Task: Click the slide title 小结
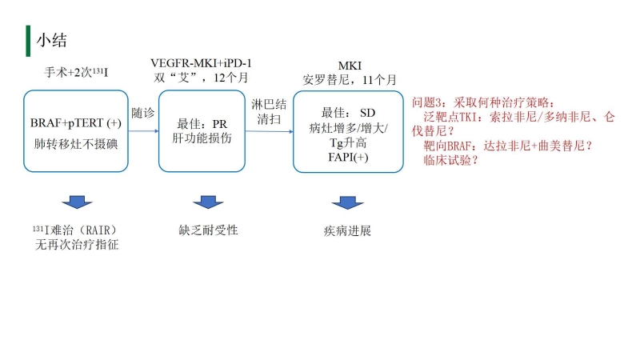pyautogui.click(x=50, y=39)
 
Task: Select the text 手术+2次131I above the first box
pyautogui.click(x=76, y=73)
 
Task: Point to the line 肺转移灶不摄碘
pyautogui.click(x=76, y=143)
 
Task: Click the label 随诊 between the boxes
pyautogui.click(x=143, y=114)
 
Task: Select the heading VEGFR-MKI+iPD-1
pyautogui.click(x=206, y=62)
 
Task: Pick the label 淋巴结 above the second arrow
pyautogui.click(x=266, y=105)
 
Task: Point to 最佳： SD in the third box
pyautogui.click(x=347, y=112)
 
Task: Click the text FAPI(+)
pyautogui.click(x=347, y=158)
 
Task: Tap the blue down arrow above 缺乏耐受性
pyautogui.click(x=208, y=202)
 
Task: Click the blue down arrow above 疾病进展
pyautogui.click(x=347, y=202)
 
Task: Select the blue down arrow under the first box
pyautogui.click(x=77, y=202)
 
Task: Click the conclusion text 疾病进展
pyautogui.click(x=347, y=230)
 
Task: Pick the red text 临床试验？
pyautogui.click(x=451, y=160)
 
